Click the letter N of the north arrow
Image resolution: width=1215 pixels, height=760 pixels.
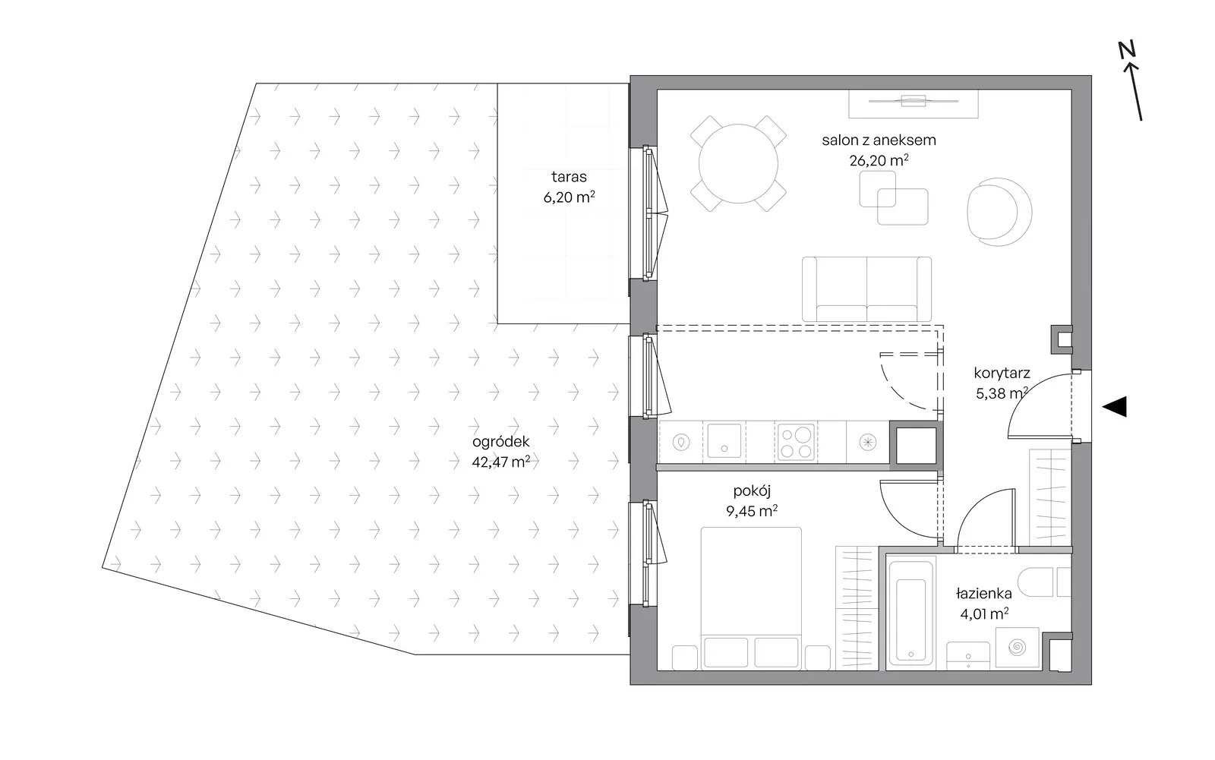point(1127,50)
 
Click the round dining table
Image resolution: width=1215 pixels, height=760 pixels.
point(738,163)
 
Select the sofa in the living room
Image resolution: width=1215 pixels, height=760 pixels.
point(866,289)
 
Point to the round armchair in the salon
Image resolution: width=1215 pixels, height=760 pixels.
point(999,212)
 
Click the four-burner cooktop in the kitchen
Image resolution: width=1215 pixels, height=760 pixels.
point(796,442)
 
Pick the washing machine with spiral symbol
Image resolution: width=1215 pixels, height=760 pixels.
point(1017,648)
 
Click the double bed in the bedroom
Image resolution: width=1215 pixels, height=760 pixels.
point(751,598)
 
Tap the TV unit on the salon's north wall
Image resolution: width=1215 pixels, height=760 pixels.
point(914,103)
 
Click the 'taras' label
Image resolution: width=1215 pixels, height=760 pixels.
point(569,176)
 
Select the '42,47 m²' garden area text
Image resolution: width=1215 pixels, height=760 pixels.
point(500,462)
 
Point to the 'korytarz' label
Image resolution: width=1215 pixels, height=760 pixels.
point(1002,374)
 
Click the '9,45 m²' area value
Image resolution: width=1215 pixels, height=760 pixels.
point(752,511)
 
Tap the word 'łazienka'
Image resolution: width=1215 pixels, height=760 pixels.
point(984,594)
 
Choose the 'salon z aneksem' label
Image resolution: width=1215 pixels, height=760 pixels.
point(879,140)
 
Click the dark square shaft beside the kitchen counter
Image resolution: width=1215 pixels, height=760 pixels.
point(916,445)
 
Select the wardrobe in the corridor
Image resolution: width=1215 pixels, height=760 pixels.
point(1050,497)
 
